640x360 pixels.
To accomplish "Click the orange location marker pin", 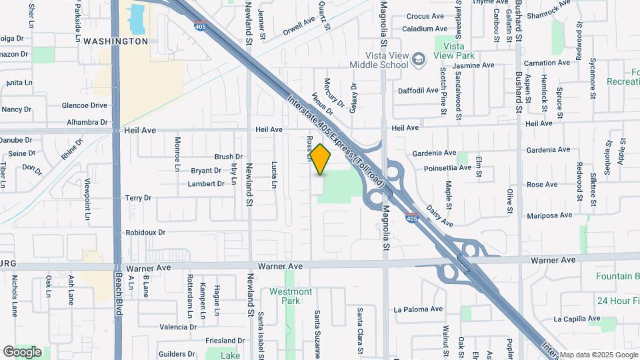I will pyautogui.click(x=321, y=159).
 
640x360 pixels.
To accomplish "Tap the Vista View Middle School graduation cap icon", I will pyautogui.click(x=418, y=60).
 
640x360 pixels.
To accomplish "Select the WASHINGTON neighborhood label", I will pyautogui.click(x=117, y=41).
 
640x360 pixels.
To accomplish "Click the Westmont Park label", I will pyautogui.click(x=291, y=296).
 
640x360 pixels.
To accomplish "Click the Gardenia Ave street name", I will pyautogui.click(x=434, y=153).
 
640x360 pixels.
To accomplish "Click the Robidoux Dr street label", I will pyautogui.click(x=145, y=233).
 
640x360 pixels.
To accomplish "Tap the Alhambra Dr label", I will pyautogui.click(x=87, y=123).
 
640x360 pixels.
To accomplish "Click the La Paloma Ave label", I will pyautogui.click(x=418, y=309).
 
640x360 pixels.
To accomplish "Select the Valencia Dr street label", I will pyautogui.click(x=178, y=327).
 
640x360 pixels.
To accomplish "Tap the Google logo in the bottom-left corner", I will pyautogui.click(x=22, y=351).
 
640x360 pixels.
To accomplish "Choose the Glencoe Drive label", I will pyautogui.click(x=84, y=105).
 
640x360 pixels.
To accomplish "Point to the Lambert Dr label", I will pyautogui.click(x=206, y=183).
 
